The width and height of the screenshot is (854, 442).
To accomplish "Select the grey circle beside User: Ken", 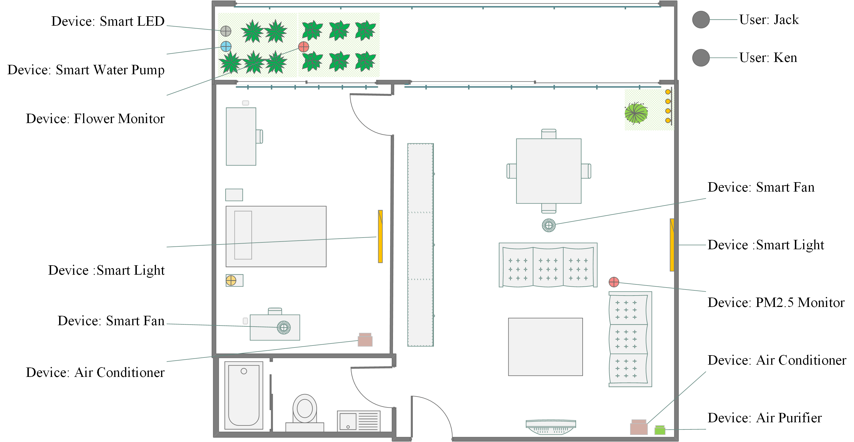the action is click(x=701, y=58).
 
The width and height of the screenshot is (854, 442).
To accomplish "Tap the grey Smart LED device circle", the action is click(x=226, y=31).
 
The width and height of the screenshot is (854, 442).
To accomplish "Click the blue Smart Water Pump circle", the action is click(x=226, y=46).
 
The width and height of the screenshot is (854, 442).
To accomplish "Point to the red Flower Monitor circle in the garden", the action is click(x=304, y=47).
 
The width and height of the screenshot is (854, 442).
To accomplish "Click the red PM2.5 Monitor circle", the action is click(x=614, y=282).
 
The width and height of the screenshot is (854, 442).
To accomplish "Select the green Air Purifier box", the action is click(x=660, y=430).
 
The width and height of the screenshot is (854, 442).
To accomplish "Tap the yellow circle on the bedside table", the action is click(x=231, y=280).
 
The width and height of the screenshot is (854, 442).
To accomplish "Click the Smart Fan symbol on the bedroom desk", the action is click(x=284, y=327).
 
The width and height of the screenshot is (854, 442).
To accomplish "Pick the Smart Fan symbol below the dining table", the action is click(x=549, y=225).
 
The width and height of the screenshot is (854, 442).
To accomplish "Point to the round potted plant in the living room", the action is click(x=636, y=113).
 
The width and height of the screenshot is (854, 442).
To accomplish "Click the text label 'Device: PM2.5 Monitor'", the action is click(x=776, y=302).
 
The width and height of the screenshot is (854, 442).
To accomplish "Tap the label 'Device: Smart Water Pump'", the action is click(x=86, y=70).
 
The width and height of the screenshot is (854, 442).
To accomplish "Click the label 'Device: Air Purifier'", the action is click(x=765, y=418).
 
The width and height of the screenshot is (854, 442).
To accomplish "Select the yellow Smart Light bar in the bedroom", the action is click(x=380, y=236).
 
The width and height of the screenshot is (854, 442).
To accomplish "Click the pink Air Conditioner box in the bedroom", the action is click(x=365, y=339).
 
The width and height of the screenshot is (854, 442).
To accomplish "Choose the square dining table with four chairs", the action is click(x=549, y=171).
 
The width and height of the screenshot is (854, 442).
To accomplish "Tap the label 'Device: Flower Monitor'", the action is click(x=95, y=118).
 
